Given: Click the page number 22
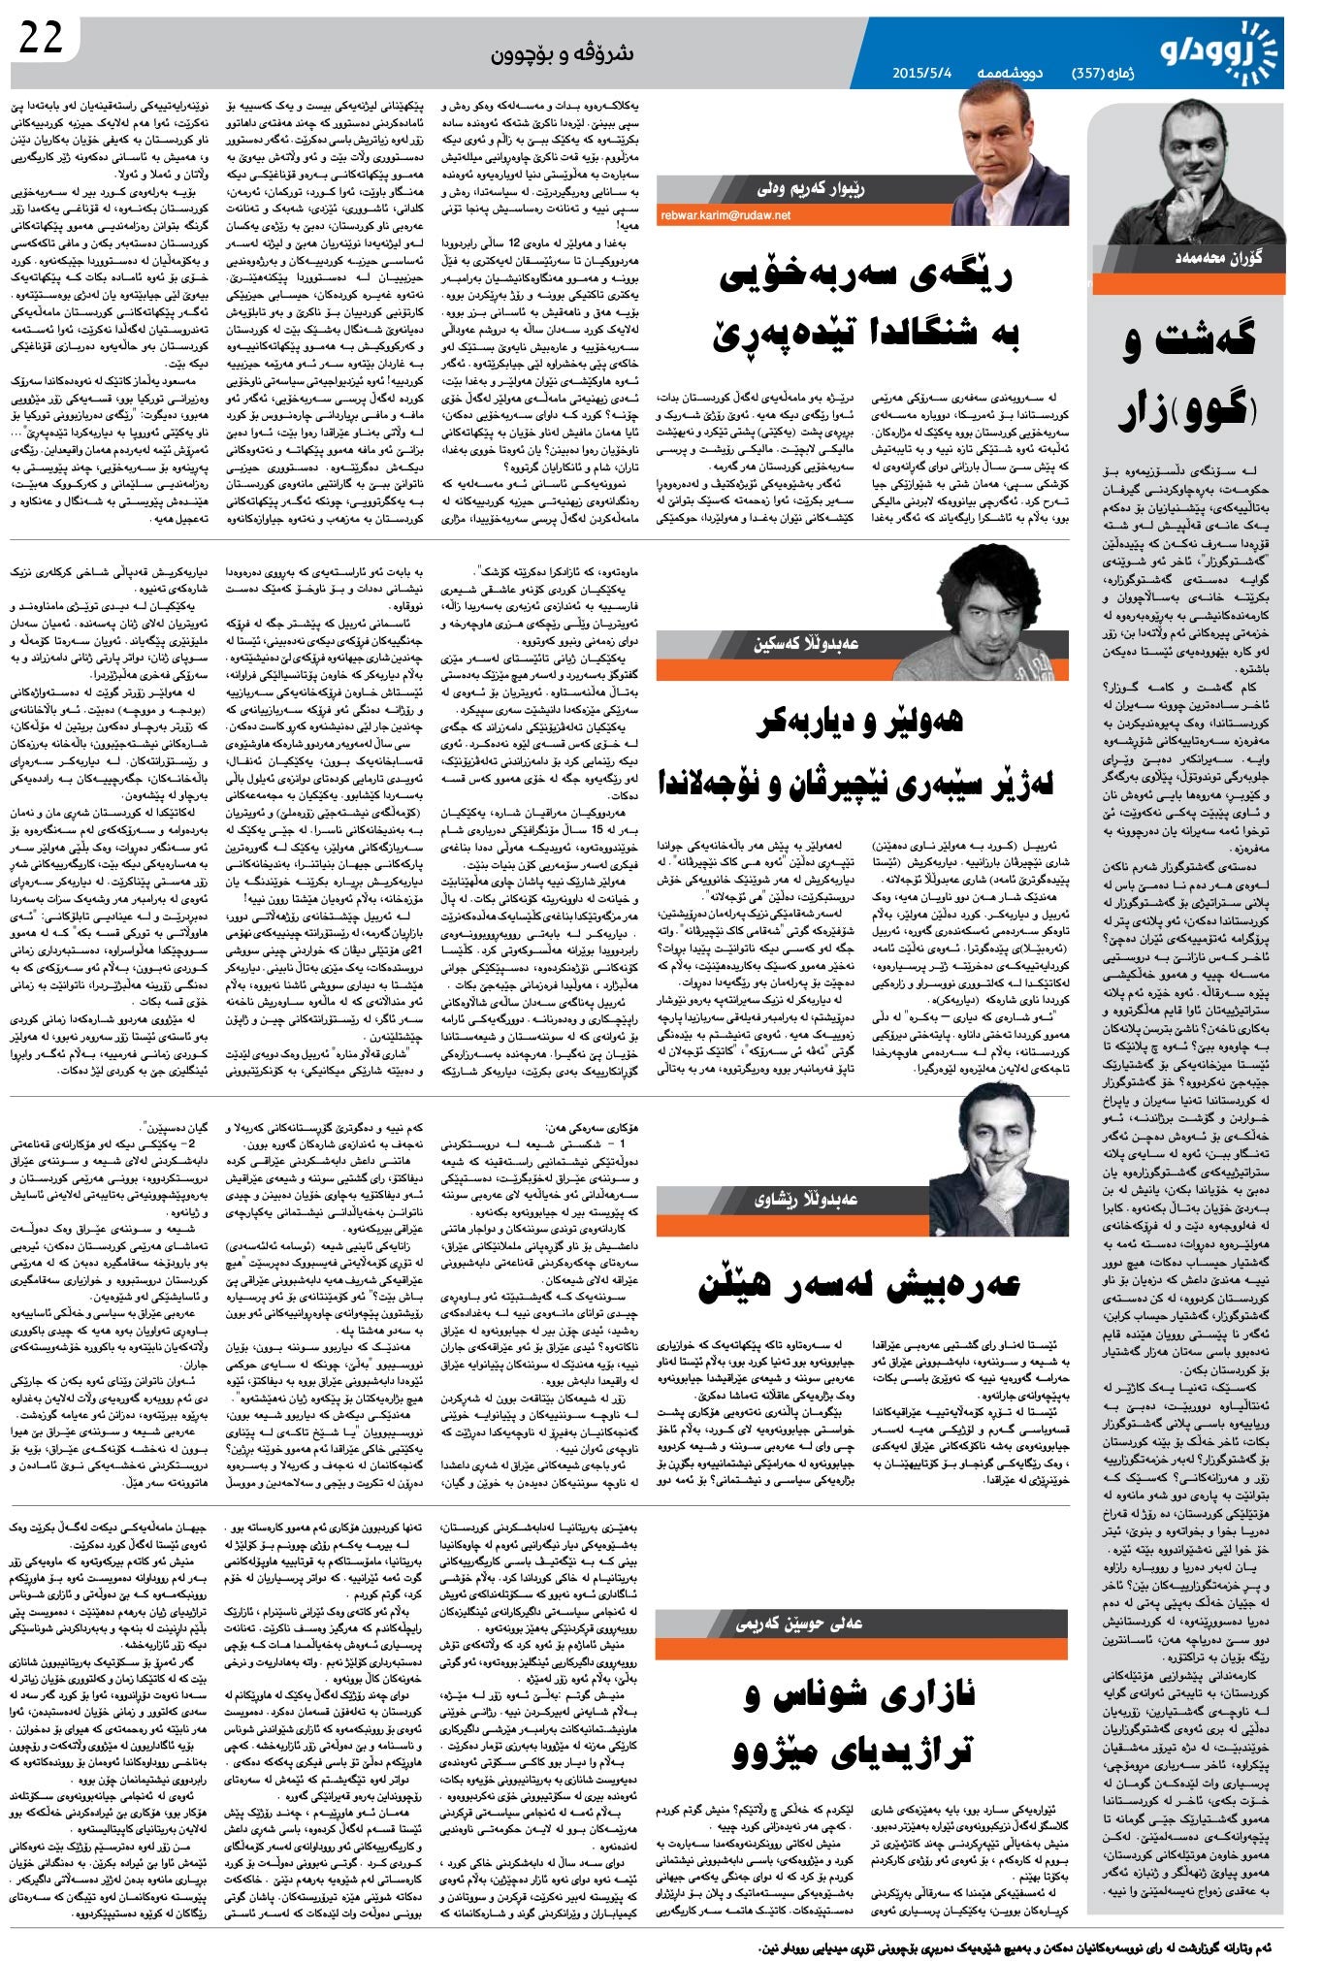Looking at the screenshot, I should (41, 39).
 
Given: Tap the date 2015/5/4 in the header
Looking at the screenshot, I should (923, 73).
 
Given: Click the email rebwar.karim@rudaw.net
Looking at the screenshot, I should (725, 215).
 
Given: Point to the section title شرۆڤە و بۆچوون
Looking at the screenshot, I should (562, 54).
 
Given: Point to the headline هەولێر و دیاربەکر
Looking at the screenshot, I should (860, 721).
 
